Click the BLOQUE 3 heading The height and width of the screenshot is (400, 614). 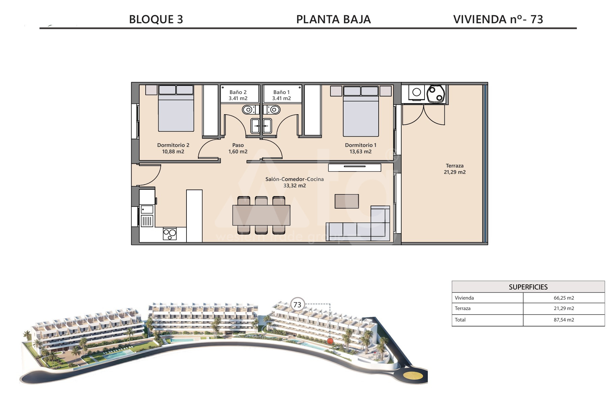[156, 19]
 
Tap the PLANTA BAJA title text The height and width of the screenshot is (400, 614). [333, 19]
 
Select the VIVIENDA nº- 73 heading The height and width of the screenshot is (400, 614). [498, 19]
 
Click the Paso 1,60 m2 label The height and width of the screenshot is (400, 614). [238, 148]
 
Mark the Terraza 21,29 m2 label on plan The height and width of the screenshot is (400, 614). [455, 169]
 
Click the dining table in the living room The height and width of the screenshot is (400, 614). [261, 215]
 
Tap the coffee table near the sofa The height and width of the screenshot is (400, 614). [347, 201]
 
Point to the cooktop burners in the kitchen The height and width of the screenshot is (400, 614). [170, 234]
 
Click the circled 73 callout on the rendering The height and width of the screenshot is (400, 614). [297, 305]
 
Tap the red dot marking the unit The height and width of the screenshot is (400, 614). [330, 341]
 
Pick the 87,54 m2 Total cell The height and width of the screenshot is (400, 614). [564, 320]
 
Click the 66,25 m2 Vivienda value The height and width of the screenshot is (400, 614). [564, 298]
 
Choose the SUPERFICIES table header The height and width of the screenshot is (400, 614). [528, 287]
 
